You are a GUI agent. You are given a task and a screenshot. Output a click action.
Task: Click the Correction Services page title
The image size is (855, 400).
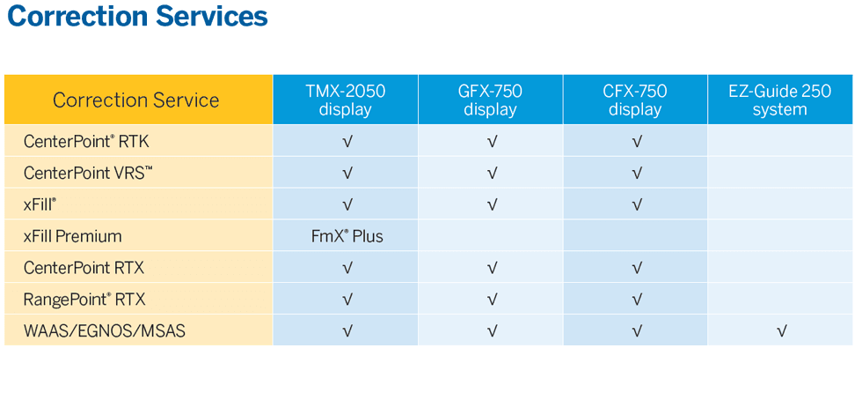138,17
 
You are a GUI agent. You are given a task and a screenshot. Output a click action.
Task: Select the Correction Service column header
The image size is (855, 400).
135,100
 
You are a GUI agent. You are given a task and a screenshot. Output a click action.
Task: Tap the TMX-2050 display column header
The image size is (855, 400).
345,100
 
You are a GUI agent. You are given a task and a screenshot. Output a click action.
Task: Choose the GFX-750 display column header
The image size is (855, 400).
490,100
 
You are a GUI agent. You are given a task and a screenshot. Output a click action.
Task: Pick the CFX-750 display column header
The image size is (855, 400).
635,100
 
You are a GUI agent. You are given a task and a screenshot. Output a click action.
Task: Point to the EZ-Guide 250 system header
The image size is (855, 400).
779,100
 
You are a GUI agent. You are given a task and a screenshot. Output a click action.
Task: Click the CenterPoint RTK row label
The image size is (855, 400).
86,142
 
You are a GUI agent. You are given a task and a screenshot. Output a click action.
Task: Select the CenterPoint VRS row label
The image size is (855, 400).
88,174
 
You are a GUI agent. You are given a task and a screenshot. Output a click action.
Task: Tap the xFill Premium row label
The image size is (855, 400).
72,237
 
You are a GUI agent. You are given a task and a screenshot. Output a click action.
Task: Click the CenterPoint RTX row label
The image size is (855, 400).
84,268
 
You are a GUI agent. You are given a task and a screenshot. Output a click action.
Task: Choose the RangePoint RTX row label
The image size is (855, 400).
84,300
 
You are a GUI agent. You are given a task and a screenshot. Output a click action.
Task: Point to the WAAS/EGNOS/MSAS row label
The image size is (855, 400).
104,331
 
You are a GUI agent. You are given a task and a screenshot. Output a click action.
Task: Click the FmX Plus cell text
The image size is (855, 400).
347,237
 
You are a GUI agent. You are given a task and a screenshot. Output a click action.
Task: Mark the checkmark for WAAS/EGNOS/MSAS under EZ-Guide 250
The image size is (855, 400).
781,330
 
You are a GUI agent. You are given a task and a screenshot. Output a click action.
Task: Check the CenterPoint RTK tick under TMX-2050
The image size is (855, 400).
347,142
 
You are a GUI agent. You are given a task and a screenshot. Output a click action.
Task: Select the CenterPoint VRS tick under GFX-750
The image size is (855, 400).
492,174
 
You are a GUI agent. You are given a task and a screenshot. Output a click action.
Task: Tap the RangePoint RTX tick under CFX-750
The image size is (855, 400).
636,300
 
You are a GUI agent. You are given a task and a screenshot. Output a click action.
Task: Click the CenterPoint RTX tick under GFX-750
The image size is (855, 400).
492,269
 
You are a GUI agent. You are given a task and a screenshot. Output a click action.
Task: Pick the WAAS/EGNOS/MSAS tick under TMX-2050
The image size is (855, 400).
347,330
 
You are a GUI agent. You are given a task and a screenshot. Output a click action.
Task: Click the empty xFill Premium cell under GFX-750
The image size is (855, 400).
490,235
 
